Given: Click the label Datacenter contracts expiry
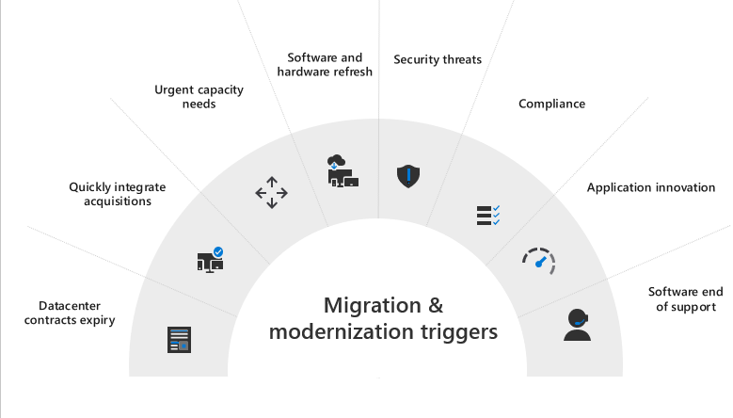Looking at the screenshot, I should [x=70, y=313].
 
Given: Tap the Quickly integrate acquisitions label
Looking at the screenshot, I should [x=110, y=193].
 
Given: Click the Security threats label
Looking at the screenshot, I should [x=438, y=59].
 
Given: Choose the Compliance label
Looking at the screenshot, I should [x=551, y=104].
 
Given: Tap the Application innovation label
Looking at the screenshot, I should [x=651, y=187].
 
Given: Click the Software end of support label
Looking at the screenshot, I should [x=682, y=298].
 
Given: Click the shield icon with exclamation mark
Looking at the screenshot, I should [x=406, y=175].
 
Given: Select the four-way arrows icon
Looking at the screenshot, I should [x=272, y=192].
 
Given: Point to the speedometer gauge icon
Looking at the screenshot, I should [x=540, y=261].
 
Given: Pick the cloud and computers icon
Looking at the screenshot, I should [x=341, y=170].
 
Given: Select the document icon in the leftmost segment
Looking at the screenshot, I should [x=179, y=339].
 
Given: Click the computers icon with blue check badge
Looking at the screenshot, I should [x=210, y=258].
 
